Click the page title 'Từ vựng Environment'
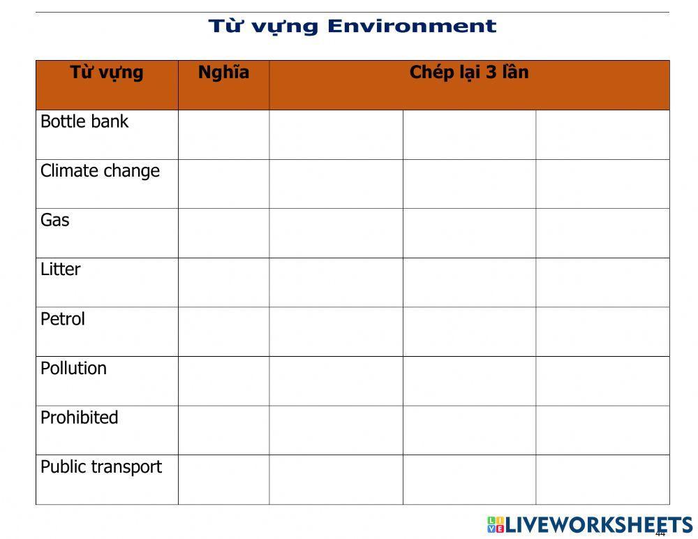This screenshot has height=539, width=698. tap(352, 27)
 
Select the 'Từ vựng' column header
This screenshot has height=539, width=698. tap(107, 73)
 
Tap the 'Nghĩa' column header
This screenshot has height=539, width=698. tap(223, 73)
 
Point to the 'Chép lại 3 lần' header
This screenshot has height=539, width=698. tap(469, 73)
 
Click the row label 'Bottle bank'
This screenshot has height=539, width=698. tap(84, 121)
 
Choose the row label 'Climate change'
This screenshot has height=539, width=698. tap(100, 171)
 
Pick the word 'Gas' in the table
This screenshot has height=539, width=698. tap(55, 221)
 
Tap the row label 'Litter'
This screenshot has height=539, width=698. tap(61, 269)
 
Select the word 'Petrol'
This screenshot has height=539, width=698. tap(63, 319)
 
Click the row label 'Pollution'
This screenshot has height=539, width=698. tap(73, 369)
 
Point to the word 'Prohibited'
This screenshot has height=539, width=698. tap(80, 418)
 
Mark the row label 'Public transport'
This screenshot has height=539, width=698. tap(101, 467)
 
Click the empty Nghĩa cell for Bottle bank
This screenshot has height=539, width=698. tap(223, 135)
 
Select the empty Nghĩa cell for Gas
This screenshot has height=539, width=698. tap(223, 233)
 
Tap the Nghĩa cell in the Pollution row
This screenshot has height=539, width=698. tap(223, 381)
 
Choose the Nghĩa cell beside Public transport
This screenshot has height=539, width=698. tap(223, 480)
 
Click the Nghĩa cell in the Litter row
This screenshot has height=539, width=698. tap(223, 283)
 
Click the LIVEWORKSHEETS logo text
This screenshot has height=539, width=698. tap(599, 525)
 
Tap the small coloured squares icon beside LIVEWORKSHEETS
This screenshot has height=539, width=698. tap(495, 525)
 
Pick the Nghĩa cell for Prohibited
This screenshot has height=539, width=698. tap(223, 430)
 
